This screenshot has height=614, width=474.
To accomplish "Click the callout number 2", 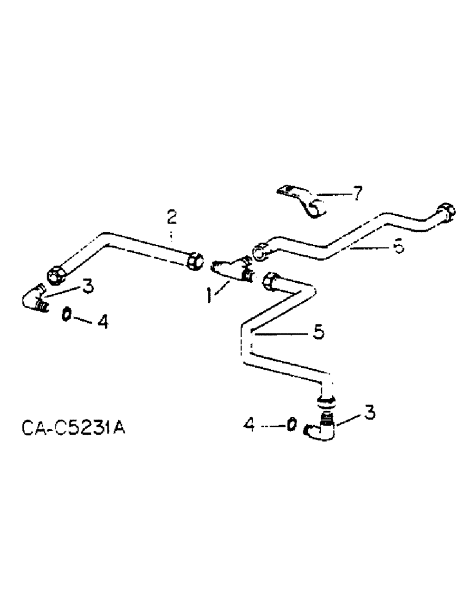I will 172,217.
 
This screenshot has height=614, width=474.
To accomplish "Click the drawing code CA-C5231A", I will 71,427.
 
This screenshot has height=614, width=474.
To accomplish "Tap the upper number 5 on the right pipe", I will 398,247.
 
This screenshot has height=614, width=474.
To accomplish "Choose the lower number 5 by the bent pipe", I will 318,332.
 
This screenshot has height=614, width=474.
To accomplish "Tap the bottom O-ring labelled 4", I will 292,424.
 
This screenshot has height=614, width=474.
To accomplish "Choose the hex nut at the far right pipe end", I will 446,213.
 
